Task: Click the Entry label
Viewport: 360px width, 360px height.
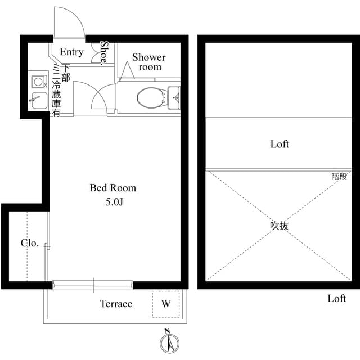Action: (71, 52)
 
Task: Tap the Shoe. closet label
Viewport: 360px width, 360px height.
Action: (104, 53)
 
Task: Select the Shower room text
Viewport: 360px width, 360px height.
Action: (149, 62)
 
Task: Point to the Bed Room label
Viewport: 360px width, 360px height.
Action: (112, 188)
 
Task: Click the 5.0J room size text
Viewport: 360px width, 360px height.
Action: (113, 202)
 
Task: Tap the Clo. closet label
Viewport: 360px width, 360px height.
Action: (30, 243)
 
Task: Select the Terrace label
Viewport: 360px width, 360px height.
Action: (116, 304)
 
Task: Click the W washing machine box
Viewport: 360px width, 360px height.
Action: (166, 304)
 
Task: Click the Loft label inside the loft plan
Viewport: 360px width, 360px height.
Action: (280, 144)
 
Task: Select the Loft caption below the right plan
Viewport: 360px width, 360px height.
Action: (337, 299)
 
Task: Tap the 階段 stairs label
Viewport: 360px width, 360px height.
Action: (339, 176)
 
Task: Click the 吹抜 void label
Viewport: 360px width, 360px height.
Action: (279, 226)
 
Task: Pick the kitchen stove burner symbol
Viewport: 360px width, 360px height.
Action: (38, 79)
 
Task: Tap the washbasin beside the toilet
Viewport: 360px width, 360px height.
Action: (174, 97)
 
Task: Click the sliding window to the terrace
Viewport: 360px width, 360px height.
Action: (93, 285)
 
